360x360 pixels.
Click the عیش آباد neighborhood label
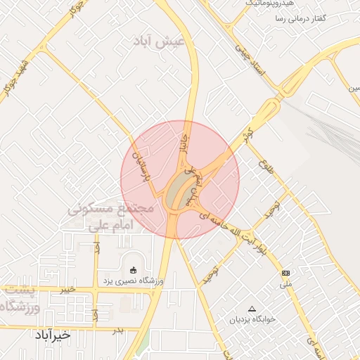click(161, 42)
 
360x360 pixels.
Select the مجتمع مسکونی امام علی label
click(111, 217)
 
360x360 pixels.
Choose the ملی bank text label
click(285, 285)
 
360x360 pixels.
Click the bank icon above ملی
click(285, 272)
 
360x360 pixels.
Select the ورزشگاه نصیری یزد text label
click(134, 281)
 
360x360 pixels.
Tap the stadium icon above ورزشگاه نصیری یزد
click(133, 269)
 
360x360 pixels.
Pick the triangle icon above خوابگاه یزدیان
click(252, 309)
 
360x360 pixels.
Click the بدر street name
click(118, 328)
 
